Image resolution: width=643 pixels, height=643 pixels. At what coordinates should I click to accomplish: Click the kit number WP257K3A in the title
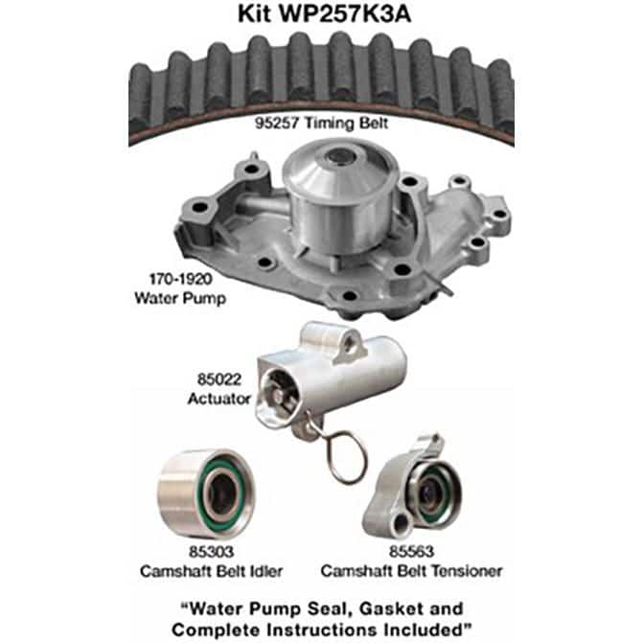point(344,14)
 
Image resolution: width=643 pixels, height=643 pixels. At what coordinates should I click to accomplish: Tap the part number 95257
point(276,123)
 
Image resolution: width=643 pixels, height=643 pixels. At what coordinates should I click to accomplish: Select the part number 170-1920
point(180,279)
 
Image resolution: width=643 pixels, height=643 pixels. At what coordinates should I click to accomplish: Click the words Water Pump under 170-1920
point(180,298)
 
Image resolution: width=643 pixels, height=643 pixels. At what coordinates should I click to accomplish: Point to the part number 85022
point(219,379)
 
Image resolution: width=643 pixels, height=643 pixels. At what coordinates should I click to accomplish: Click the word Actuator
point(219,399)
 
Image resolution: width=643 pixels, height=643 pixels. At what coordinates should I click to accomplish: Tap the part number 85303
point(211,552)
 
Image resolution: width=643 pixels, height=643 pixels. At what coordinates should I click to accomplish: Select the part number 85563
point(411,552)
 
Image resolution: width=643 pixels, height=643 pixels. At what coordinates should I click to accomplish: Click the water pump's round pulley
point(340,196)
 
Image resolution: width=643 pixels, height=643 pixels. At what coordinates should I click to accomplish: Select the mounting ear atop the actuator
point(349,347)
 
